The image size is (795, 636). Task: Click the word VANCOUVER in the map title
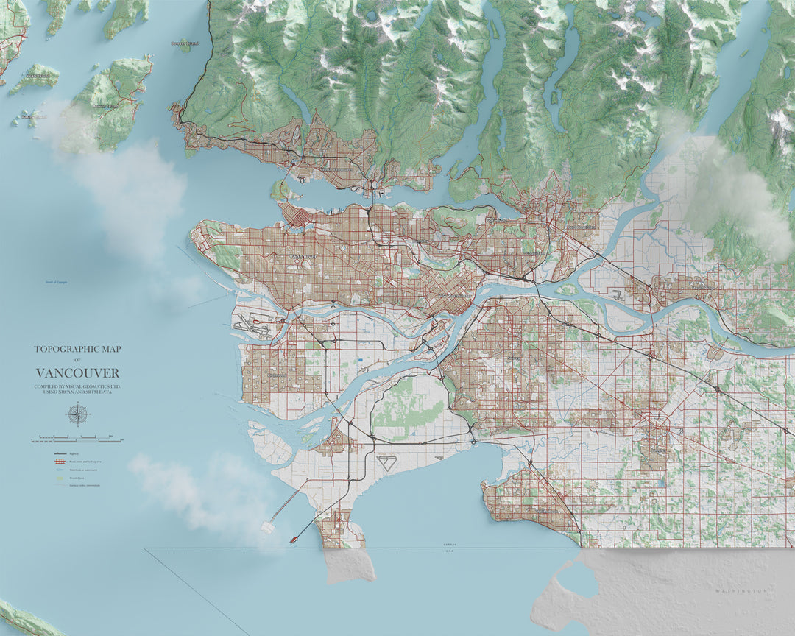tap(77, 373)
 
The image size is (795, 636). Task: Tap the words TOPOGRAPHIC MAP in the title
tap(77, 350)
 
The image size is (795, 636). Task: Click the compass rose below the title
tap(77, 414)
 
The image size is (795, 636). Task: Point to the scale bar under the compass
tap(77, 439)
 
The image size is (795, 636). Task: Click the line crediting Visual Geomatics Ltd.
tap(77, 386)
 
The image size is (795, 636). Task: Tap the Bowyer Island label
tap(184, 43)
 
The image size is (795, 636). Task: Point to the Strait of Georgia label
tap(55, 282)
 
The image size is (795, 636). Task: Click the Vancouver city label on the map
tap(303, 256)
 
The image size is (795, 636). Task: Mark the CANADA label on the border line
tap(450, 545)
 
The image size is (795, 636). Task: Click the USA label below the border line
tap(450, 551)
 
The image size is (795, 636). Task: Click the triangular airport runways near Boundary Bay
tap(386, 463)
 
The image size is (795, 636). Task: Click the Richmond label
tap(278, 375)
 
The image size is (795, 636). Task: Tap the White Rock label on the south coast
tap(547, 511)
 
